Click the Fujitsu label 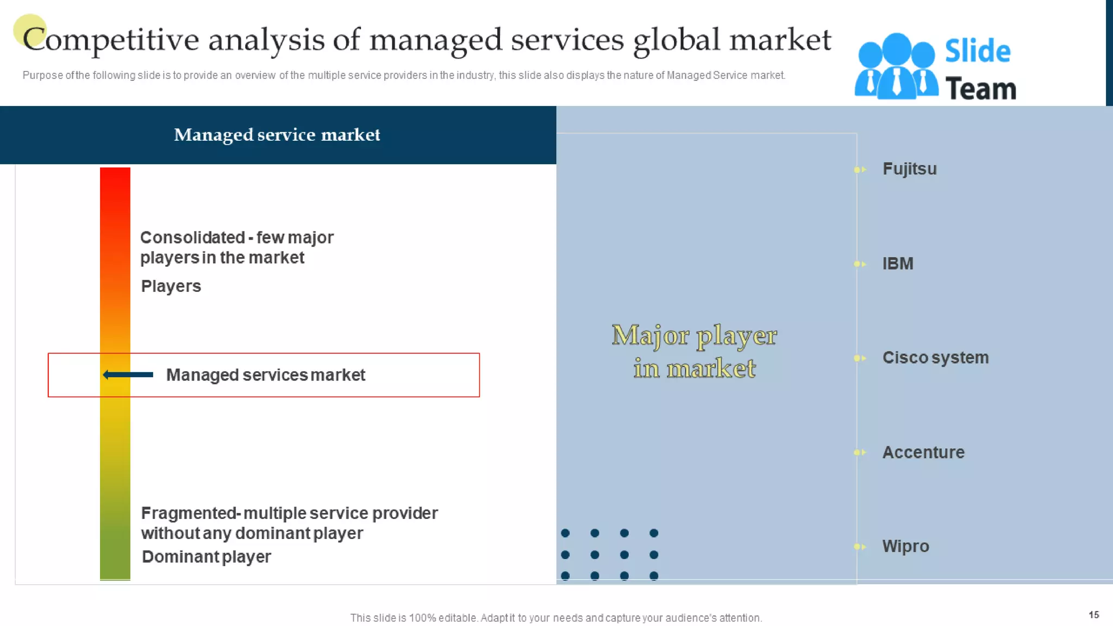(909, 169)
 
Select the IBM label (897, 264)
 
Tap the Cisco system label (935, 358)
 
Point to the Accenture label (923, 452)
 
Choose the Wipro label (905, 546)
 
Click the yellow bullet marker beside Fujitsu (859, 170)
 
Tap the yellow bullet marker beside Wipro (859, 547)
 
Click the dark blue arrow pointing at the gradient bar (128, 374)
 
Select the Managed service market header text (277, 135)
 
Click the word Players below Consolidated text (171, 286)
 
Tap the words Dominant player (206, 557)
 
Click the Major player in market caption (694, 352)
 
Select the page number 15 (1093, 615)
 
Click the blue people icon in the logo (896, 66)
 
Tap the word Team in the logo (980, 89)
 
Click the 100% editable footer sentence (556, 618)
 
